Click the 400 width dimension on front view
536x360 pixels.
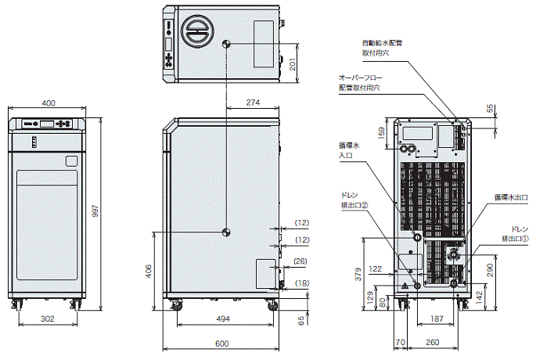(x=49, y=103)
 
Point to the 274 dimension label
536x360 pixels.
(x=252, y=103)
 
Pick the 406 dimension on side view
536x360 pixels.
(x=149, y=272)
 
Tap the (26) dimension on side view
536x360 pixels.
(x=300, y=261)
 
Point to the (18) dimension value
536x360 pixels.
(x=300, y=283)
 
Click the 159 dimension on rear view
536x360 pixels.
(x=381, y=134)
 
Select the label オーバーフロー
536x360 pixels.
(x=359, y=78)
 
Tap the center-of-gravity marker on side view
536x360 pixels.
(x=225, y=231)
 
